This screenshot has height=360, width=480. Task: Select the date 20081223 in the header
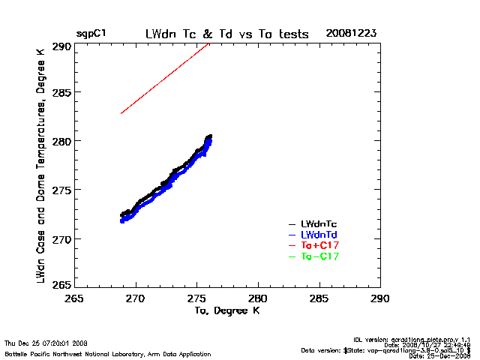(x=351, y=34)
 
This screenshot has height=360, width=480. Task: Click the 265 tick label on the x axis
(x=74, y=298)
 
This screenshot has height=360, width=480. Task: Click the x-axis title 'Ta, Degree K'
(x=226, y=310)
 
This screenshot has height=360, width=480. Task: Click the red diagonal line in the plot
(x=165, y=78)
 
